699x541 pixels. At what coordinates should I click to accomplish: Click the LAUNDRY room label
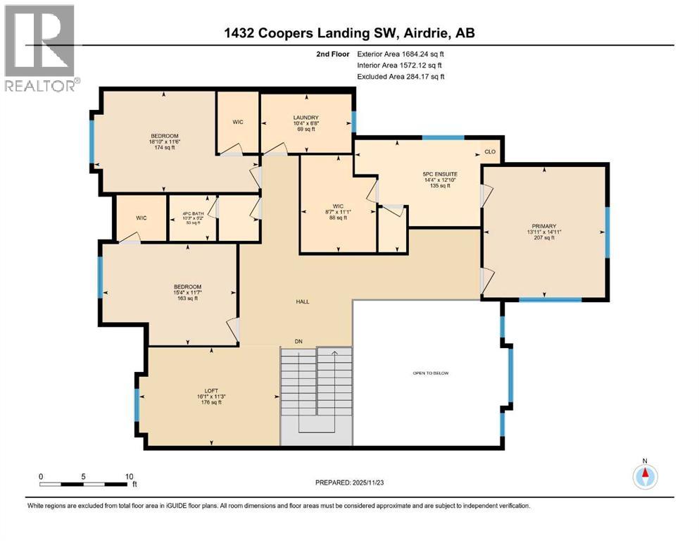[x=306, y=118]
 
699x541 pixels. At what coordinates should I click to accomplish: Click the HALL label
[x=302, y=301]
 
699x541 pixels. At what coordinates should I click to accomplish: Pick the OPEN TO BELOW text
[x=431, y=373]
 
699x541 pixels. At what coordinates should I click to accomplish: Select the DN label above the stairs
[x=298, y=342]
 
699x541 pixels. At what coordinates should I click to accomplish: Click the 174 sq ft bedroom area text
[x=164, y=149]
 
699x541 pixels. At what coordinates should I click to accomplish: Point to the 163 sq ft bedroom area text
[x=187, y=299]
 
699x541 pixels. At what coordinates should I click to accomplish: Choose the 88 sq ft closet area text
[x=334, y=218]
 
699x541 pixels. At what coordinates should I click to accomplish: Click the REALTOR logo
[x=41, y=49]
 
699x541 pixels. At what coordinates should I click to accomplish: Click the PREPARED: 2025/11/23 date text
[x=350, y=483]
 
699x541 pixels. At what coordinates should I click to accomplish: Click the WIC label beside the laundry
[x=238, y=122]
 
